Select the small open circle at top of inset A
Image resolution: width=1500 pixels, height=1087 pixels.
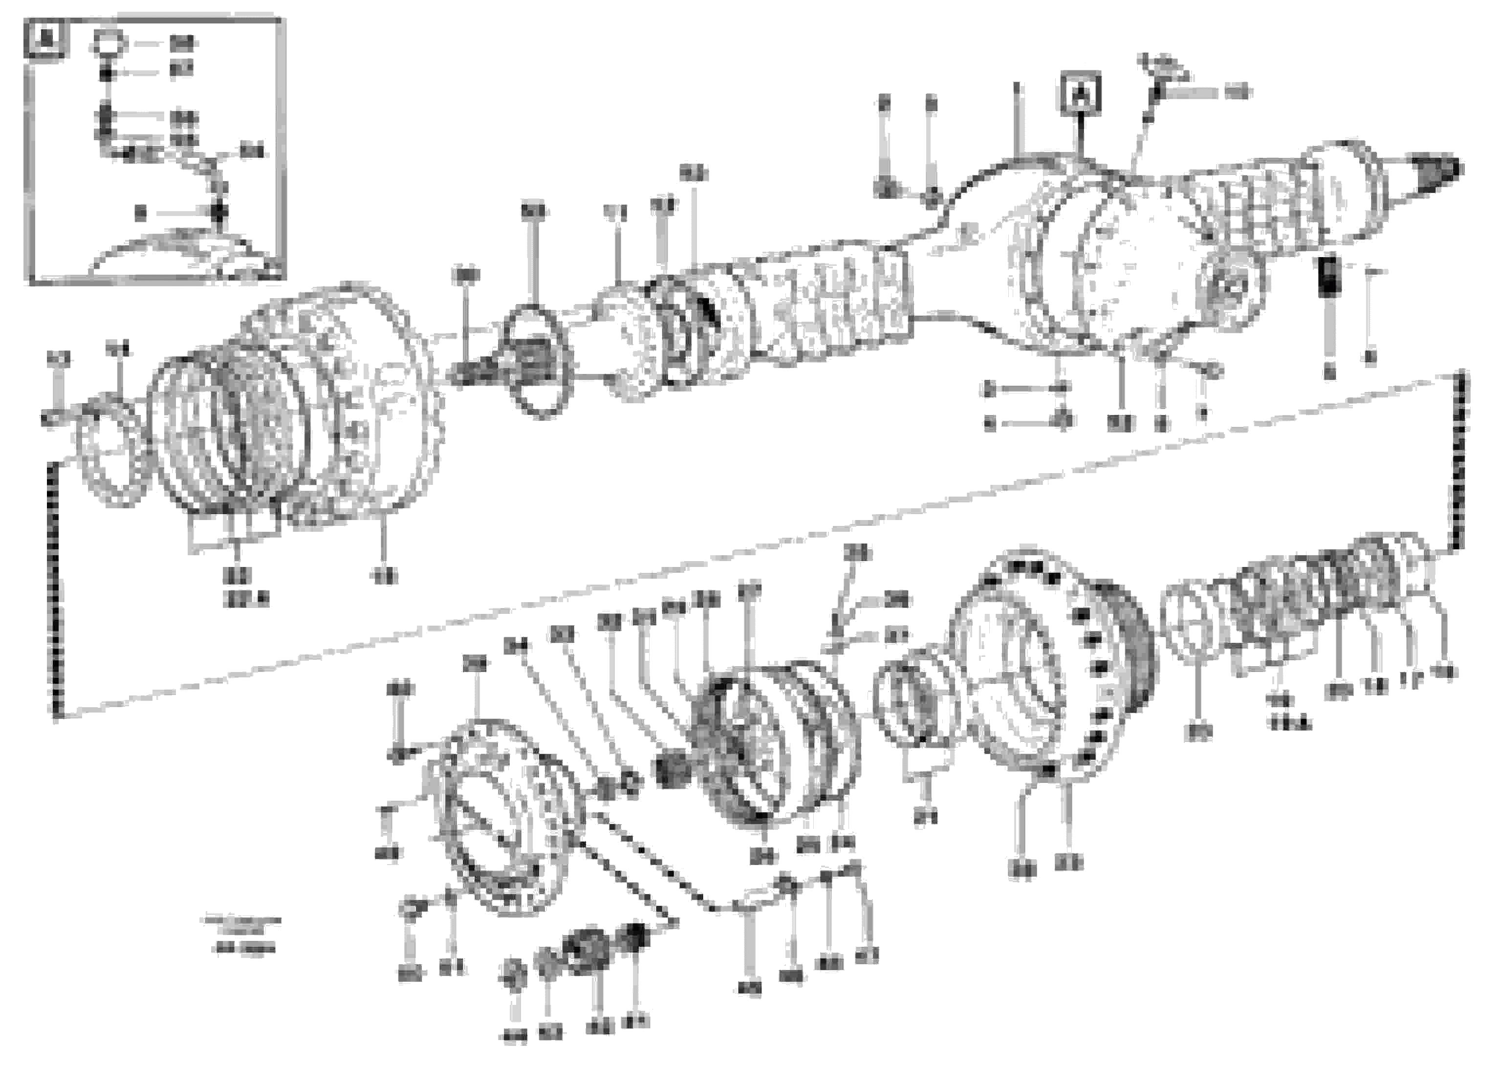pos(109,43)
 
